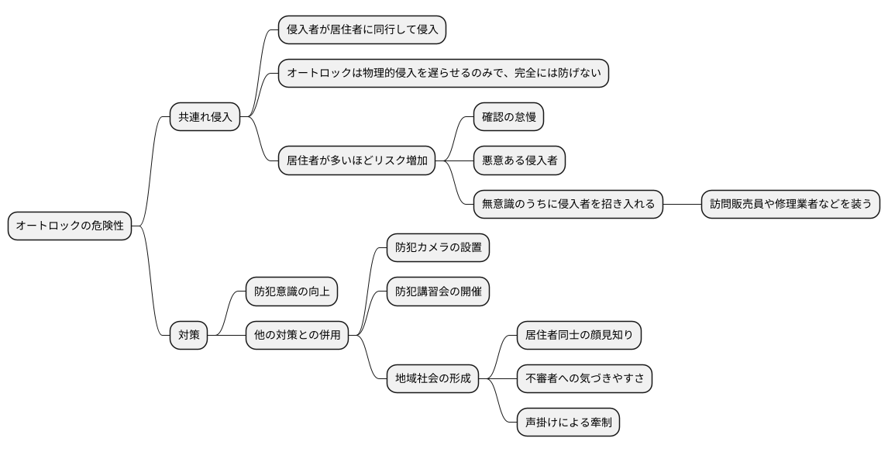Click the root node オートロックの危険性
point(70,226)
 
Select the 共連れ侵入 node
point(205,118)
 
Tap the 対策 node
point(189,335)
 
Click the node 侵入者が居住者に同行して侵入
point(362,30)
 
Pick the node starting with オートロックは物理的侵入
point(443,74)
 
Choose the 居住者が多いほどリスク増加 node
point(356,161)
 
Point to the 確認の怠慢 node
point(508,118)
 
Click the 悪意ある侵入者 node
point(519,161)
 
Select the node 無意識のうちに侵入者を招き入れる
point(568,205)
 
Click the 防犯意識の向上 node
point(291,292)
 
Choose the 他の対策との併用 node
point(297,335)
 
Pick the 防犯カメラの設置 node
point(438,248)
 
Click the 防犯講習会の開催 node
point(438,292)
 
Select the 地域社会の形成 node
point(432,378)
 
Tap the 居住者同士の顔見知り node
point(579,335)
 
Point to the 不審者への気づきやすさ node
point(584,378)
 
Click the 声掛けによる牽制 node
point(568,423)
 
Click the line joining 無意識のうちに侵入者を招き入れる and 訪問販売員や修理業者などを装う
point(683,205)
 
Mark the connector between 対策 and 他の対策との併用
point(227,335)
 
